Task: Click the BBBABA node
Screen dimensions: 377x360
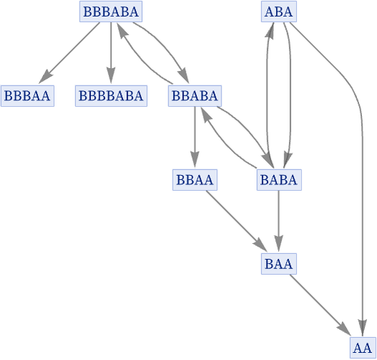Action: pyautogui.click(x=111, y=11)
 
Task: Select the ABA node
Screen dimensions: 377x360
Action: pyautogui.click(x=279, y=11)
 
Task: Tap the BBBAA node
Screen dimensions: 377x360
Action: pyautogui.click(x=27, y=96)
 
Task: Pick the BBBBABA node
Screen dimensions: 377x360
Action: pyautogui.click(x=111, y=96)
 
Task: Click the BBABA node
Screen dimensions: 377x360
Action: pyautogui.click(x=195, y=96)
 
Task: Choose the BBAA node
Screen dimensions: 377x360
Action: pyautogui.click(x=195, y=180)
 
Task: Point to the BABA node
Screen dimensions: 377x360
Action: pyautogui.click(x=279, y=180)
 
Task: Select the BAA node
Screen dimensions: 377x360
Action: pyautogui.click(x=279, y=264)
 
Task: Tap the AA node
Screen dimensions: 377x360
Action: pyautogui.click(x=363, y=348)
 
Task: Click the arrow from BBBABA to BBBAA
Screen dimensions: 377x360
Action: pyautogui.click(x=70, y=52)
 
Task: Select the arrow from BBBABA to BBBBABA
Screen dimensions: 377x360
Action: pyautogui.click(x=111, y=52)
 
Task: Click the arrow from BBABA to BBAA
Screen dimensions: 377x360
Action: pyautogui.click(x=195, y=137)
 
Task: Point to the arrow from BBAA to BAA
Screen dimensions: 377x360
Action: pyautogui.click(x=237, y=221)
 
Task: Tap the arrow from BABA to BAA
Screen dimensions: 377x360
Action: pyautogui.click(x=279, y=221)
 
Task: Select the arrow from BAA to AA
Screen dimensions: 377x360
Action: pyautogui.click(x=320, y=305)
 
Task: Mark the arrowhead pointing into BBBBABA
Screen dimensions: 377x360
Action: pyautogui.click(x=111, y=75)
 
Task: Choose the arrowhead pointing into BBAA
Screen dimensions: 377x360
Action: pyautogui.click(x=195, y=159)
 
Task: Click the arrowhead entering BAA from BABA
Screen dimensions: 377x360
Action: pyautogui.click(x=279, y=244)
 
